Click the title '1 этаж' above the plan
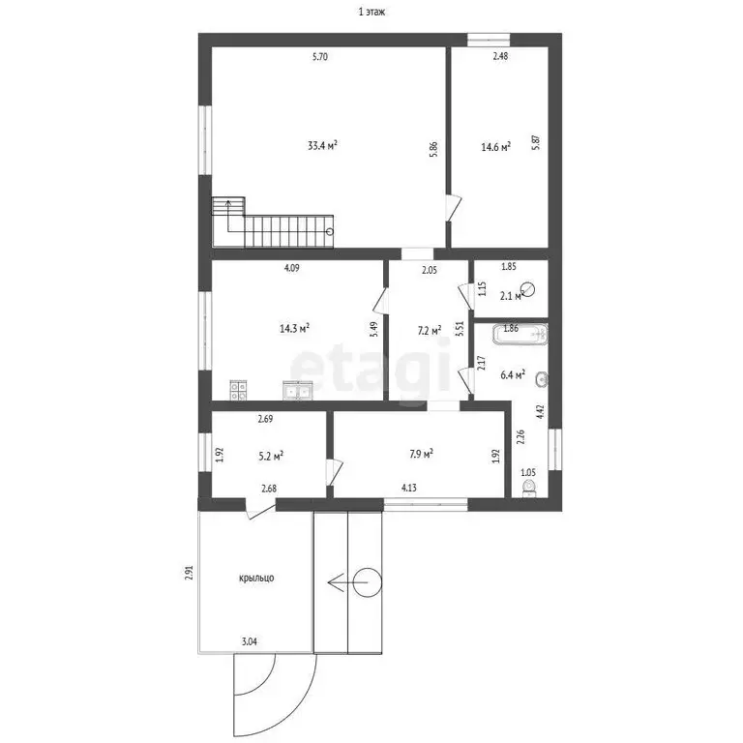pyautogui.click(x=371, y=12)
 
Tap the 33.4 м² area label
pyautogui.click(x=322, y=145)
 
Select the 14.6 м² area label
pyautogui.click(x=495, y=147)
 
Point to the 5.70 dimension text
pyautogui.click(x=320, y=57)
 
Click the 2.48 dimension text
pyautogui.click(x=500, y=56)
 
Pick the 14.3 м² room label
pyautogui.click(x=294, y=328)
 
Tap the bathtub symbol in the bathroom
pyautogui.click(x=520, y=335)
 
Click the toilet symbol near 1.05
pyautogui.click(x=529, y=489)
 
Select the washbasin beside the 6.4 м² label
pyautogui.click(x=542, y=378)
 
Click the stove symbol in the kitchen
pyautogui.click(x=238, y=391)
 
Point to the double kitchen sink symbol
pyautogui.click(x=297, y=391)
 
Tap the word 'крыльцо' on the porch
pyautogui.click(x=256, y=579)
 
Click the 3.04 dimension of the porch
pyautogui.click(x=250, y=642)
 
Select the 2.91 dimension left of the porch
pyautogui.click(x=189, y=573)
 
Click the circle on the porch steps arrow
pyautogui.click(x=368, y=582)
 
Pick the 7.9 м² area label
pyautogui.click(x=421, y=454)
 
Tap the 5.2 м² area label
pyautogui.click(x=271, y=457)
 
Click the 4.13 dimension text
pyautogui.click(x=409, y=488)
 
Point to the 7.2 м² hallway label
pyautogui.click(x=430, y=330)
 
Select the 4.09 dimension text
pyautogui.click(x=291, y=268)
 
